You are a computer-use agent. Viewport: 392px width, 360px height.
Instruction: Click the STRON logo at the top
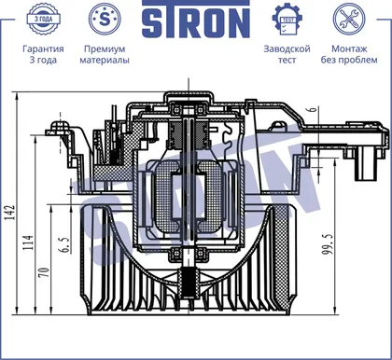(x=196, y=19)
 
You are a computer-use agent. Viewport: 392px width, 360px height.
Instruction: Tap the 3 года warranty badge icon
(x=43, y=19)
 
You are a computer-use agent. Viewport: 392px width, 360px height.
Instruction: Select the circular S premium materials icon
(x=105, y=19)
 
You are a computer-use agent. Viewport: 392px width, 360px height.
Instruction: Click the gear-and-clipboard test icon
(x=287, y=20)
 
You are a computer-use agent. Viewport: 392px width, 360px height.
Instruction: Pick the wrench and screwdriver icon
(x=349, y=19)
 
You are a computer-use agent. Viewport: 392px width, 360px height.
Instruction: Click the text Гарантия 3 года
(x=43, y=54)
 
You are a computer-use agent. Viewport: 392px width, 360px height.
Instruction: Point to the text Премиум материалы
(x=105, y=54)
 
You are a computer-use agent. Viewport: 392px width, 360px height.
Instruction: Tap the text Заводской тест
(x=287, y=54)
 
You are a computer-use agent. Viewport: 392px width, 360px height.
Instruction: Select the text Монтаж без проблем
(x=349, y=54)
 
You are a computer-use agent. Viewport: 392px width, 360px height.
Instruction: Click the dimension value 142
(x=10, y=213)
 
